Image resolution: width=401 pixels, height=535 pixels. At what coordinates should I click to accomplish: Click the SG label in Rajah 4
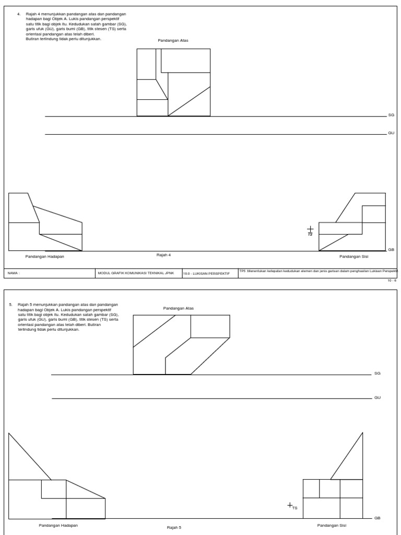pos(391,114)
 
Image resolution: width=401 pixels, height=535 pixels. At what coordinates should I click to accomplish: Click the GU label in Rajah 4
pos(391,133)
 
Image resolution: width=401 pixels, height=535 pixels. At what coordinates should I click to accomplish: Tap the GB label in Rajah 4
pos(391,250)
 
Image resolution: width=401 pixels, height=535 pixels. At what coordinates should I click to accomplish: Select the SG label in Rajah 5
pos(378,374)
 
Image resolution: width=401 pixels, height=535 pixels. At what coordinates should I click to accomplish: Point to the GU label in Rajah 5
pos(378,398)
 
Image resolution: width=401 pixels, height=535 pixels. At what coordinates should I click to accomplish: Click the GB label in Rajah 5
pos(378,518)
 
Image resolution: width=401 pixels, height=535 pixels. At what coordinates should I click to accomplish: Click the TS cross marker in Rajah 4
pos(310,229)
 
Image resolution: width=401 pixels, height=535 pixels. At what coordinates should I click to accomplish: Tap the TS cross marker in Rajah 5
pos(290,505)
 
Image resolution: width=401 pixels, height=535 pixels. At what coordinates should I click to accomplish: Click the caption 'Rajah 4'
pos(164,254)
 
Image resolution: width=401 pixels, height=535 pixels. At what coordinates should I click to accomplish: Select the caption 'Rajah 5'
pos(174,527)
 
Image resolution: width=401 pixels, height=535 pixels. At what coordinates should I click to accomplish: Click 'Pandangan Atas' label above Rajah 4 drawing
pos(173,40)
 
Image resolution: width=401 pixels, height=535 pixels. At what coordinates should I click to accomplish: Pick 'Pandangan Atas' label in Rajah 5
pos(179,308)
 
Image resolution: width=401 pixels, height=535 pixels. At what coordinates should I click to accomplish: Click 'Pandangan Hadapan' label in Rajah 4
pos(45,257)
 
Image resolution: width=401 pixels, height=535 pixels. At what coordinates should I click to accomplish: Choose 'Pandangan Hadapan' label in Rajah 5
pos(58,525)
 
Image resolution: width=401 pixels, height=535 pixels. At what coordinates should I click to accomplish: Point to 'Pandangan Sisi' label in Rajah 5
pos(332,525)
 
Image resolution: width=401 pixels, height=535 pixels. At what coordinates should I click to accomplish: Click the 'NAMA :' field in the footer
pos(14,273)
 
